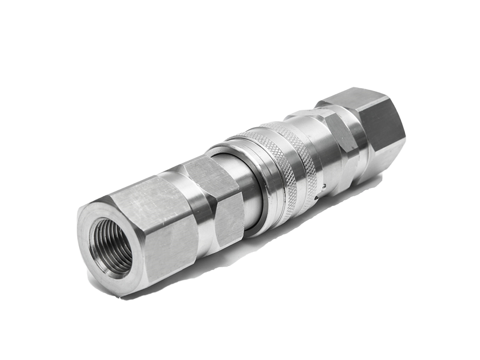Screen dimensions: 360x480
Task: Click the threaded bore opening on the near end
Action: (x=111, y=246)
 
